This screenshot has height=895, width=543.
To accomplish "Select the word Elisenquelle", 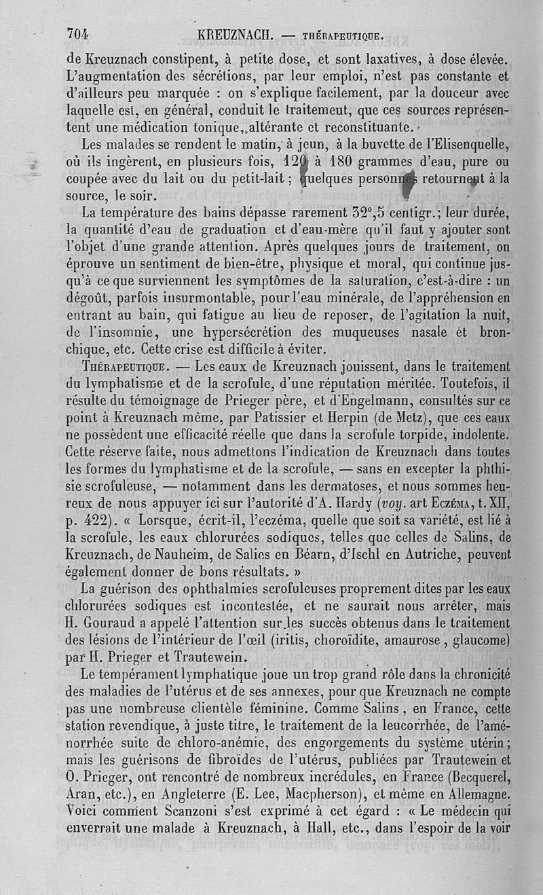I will (x=472, y=144).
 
